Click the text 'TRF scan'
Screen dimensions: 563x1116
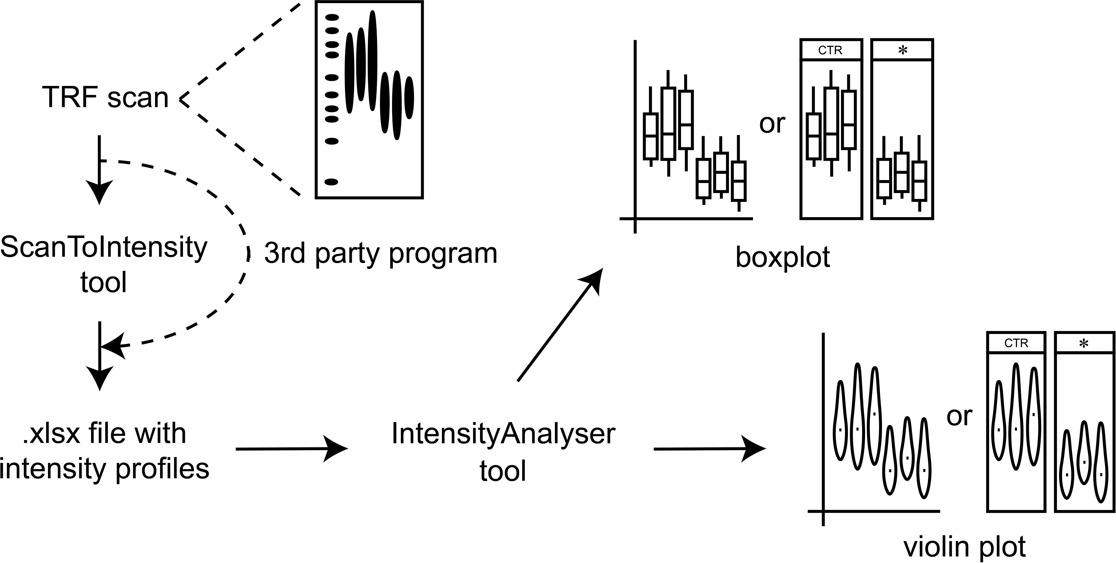pos(105,97)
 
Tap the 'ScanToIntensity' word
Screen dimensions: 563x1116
pos(104,248)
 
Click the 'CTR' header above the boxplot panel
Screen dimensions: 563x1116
pos(830,50)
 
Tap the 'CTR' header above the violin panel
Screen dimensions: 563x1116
pos(1016,343)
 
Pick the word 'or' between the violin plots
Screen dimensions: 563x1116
pos(960,416)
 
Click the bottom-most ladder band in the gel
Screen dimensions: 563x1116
pos(331,182)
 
